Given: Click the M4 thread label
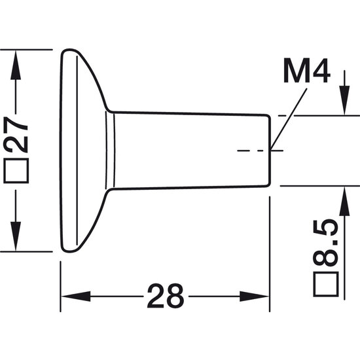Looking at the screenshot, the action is pyautogui.click(x=307, y=71).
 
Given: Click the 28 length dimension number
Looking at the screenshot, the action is pyautogui.click(x=166, y=296).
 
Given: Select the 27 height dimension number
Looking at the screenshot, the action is pyautogui.click(x=16, y=135).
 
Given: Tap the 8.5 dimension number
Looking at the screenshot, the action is pyautogui.click(x=326, y=243).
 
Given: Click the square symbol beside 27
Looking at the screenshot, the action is pyautogui.click(x=16, y=171).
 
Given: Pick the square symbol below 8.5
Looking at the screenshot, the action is pyautogui.click(x=326, y=284).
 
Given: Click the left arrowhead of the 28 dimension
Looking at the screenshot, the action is pyautogui.click(x=76, y=297).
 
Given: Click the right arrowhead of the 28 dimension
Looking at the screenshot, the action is pyautogui.click(x=254, y=297).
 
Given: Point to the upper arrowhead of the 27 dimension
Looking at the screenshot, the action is pyautogui.click(x=16, y=65).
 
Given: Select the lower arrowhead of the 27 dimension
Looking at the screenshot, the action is pyautogui.click(x=16, y=236).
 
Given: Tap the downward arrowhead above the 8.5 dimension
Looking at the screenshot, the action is pyautogui.click(x=344, y=100).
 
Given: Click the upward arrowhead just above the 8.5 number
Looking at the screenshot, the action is pyautogui.click(x=344, y=202).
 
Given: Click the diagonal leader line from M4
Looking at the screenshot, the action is pyautogui.click(x=289, y=119).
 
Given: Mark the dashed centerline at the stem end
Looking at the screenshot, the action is pyautogui.click(x=261, y=151).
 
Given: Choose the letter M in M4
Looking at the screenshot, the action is pyautogui.click(x=295, y=71).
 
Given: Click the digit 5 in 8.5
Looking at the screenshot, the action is pyautogui.click(x=326, y=228).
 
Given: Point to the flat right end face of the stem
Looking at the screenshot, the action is pyautogui.click(x=270, y=151).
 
